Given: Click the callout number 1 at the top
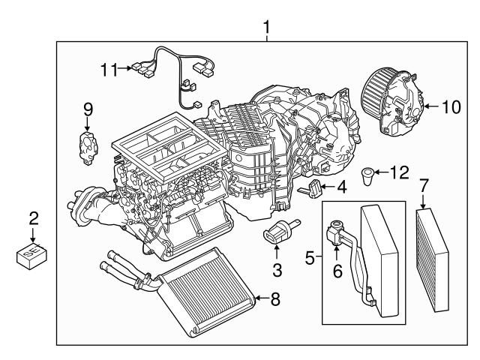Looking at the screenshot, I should click(266, 28).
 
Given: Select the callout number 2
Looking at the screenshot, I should click(33, 219).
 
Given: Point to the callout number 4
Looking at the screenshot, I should click(340, 187).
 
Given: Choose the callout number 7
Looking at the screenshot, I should click(424, 184).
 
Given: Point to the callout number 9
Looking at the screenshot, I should click(88, 109).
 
